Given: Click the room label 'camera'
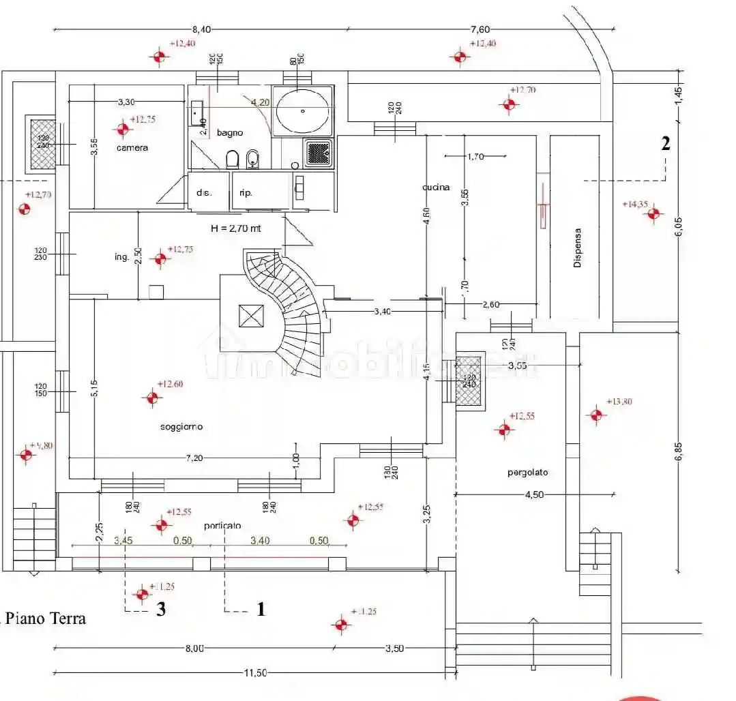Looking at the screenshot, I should (x=132, y=147).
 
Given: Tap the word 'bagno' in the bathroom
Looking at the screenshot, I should (x=230, y=133).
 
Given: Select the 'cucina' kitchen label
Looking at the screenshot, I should (x=436, y=187).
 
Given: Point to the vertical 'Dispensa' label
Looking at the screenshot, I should (x=578, y=247).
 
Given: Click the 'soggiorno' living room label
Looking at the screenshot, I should (x=181, y=427).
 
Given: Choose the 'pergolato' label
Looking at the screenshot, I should (x=527, y=472).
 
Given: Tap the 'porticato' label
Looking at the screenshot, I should (x=222, y=526).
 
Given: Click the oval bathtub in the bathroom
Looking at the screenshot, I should (x=303, y=110).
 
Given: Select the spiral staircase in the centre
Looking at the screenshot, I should (x=290, y=300).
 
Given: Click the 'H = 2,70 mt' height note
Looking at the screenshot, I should (x=236, y=229).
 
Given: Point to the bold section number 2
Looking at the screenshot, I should (x=665, y=144).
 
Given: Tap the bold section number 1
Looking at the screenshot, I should (x=260, y=609).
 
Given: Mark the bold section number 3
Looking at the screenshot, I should (x=161, y=609).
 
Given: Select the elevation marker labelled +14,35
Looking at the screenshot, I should (x=654, y=214).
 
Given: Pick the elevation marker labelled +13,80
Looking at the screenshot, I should (x=597, y=415).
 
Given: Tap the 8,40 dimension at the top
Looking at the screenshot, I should (x=202, y=29).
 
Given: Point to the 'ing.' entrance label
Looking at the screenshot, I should (x=122, y=257).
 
